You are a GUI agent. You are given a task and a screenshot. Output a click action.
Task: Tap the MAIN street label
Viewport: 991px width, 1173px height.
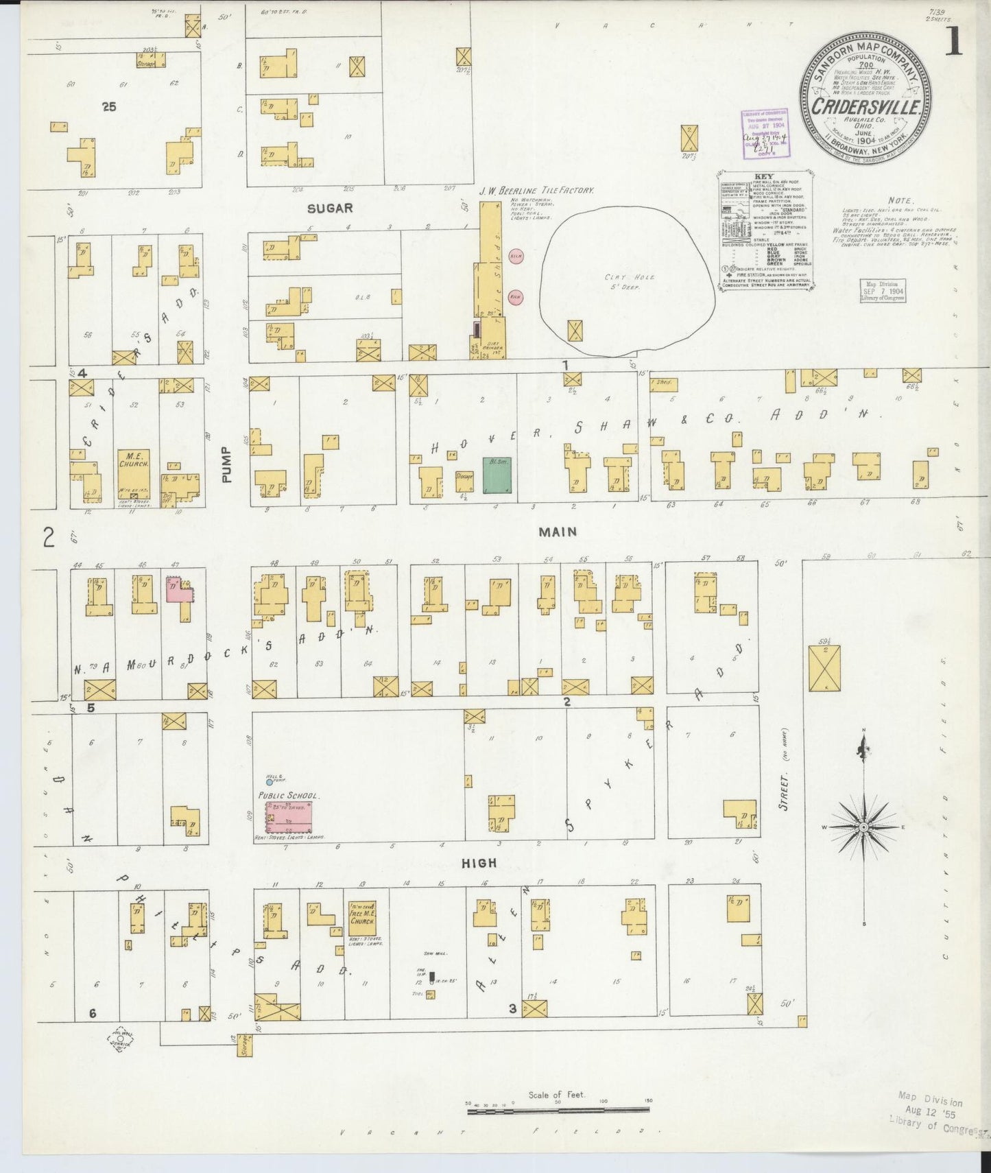tap(557, 532)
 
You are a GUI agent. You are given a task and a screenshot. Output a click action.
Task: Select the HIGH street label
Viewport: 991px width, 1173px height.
tap(479, 863)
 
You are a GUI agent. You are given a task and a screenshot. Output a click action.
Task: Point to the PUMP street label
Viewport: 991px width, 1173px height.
tap(227, 464)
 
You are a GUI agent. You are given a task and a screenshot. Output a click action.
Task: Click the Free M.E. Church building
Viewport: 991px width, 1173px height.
tap(361, 918)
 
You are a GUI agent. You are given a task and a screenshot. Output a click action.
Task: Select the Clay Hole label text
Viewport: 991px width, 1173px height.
tap(621, 281)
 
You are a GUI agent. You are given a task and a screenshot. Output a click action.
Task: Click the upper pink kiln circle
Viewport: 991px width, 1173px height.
tap(516, 255)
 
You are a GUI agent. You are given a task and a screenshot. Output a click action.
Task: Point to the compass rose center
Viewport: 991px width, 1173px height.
tap(864, 827)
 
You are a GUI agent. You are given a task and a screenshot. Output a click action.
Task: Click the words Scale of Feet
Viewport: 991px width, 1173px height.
tap(556, 1094)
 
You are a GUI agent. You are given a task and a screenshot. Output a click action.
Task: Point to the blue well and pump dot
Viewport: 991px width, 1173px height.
tap(270, 781)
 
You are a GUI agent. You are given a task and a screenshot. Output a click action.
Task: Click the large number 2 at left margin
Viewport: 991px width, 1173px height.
tap(48, 537)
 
